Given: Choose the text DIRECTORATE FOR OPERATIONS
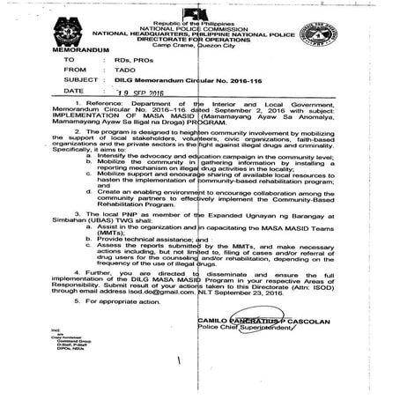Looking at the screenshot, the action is click(202, 41).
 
